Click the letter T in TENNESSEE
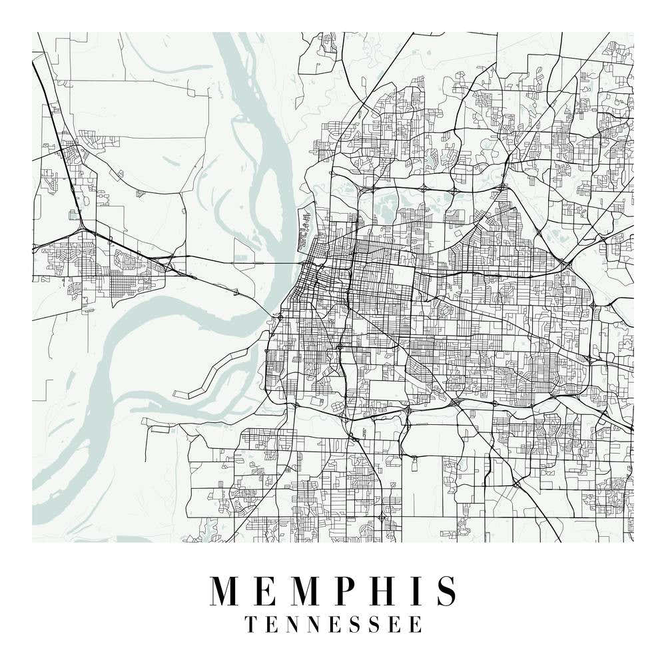[x=251, y=624]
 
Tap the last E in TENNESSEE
[x=416, y=624]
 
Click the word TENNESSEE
[x=333, y=624]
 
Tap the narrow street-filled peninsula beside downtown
[x=306, y=224]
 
